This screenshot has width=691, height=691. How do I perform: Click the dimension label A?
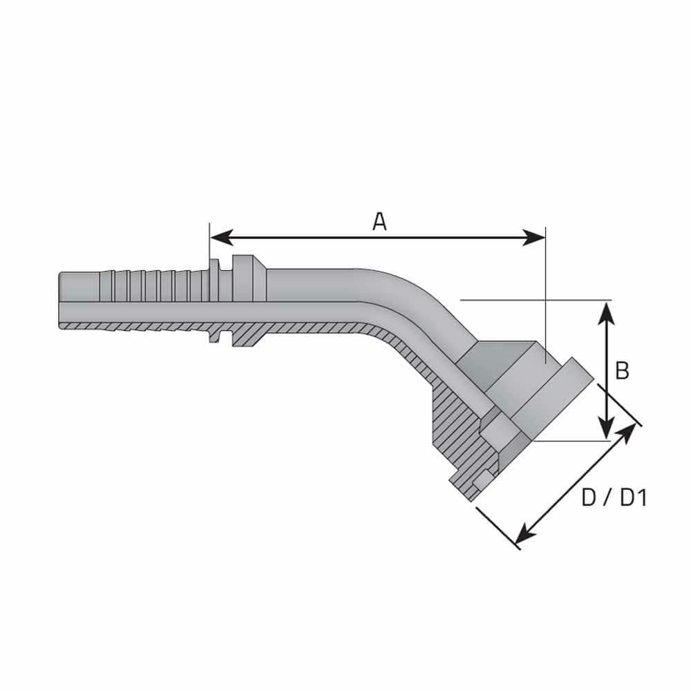(379, 222)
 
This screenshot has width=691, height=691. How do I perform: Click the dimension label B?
(622, 371)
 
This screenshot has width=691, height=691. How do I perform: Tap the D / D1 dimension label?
(614, 498)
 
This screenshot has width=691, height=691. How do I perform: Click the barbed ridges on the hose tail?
(152, 284)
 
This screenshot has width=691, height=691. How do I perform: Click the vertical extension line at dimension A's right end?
(545, 290)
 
